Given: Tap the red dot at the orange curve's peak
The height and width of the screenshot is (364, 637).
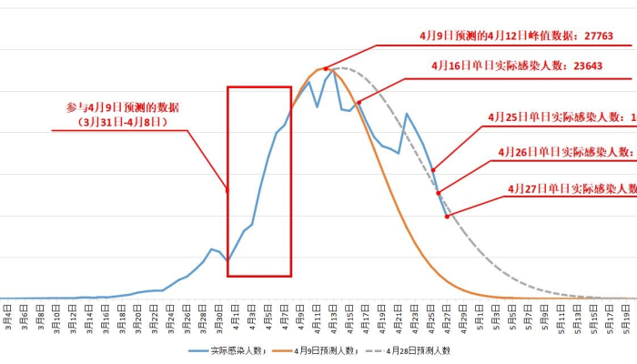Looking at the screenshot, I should tap(325, 69).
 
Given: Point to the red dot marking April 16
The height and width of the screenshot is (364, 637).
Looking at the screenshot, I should tap(359, 102).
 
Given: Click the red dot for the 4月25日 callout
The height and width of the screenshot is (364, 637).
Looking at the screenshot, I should tap(433, 170).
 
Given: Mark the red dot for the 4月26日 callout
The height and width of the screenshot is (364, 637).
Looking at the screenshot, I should tap(439, 193).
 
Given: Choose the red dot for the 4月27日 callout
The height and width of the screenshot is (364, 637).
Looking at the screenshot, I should tap(447, 216).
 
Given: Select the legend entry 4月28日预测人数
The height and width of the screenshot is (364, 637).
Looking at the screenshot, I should tap(419, 349).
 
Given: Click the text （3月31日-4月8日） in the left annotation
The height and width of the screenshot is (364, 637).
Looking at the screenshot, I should tap(123, 121).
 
